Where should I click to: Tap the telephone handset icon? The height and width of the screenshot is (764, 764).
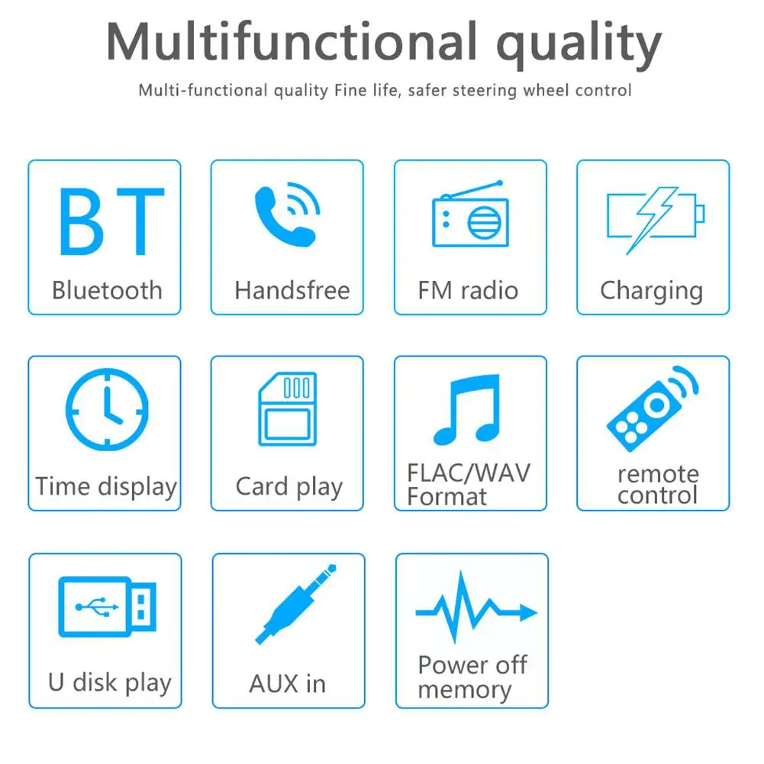tap(284, 217)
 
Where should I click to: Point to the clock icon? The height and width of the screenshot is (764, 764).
tap(107, 410)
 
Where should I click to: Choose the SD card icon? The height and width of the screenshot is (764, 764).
tap(287, 409)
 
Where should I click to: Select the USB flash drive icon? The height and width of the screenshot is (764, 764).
tap(108, 607)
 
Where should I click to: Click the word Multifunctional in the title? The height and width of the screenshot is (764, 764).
tap(292, 43)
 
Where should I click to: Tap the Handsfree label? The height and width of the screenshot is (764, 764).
tap(292, 291)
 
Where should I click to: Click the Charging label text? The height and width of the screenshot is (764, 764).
tap(651, 292)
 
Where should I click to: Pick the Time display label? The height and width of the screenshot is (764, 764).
tap(106, 487)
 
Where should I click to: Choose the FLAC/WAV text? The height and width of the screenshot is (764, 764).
tap(468, 472)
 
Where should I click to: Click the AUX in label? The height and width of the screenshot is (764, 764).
tap(287, 684)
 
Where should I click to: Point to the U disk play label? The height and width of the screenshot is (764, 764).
tap(110, 683)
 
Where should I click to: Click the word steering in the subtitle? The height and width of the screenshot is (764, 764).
tap(489, 91)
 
